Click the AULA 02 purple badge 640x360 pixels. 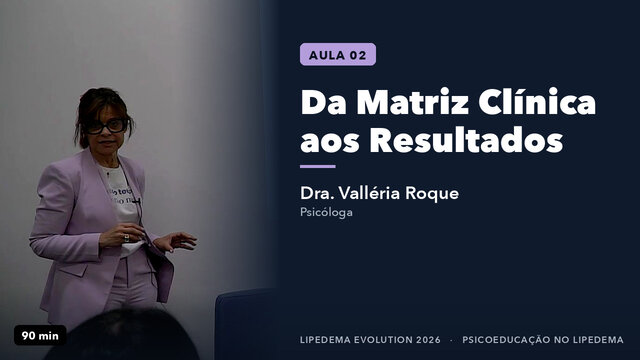pyautogui.click(x=338, y=54)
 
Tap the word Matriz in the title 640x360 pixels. pyautogui.click(x=413, y=102)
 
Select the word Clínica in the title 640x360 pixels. pyautogui.click(x=537, y=101)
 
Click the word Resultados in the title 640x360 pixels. pyautogui.click(x=467, y=140)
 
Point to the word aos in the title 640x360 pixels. pyautogui.click(x=330, y=143)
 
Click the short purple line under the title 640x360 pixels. pyautogui.click(x=318, y=167)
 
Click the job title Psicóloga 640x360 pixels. pyautogui.click(x=326, y=212)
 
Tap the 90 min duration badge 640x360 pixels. pyautogui.click(x=40, y=336)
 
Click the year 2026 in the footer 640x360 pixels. pyautogui.click(x=429, y=340)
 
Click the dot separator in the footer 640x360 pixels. pyautogui.click(x=451, y=340)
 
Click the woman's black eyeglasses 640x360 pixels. pyautogui.click(x=107, y=126)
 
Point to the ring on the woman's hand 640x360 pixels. pyautogui.click(x=127, y=238)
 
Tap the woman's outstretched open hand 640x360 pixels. pyautogui.click(x=175, y=242)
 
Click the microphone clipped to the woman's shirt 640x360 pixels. pyautogui.click(x=137, y=201)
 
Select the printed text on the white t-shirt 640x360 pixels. pyautogui.click(x=121, y=195)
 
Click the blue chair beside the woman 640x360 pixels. pyautogui.click(x=246, y=324)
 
